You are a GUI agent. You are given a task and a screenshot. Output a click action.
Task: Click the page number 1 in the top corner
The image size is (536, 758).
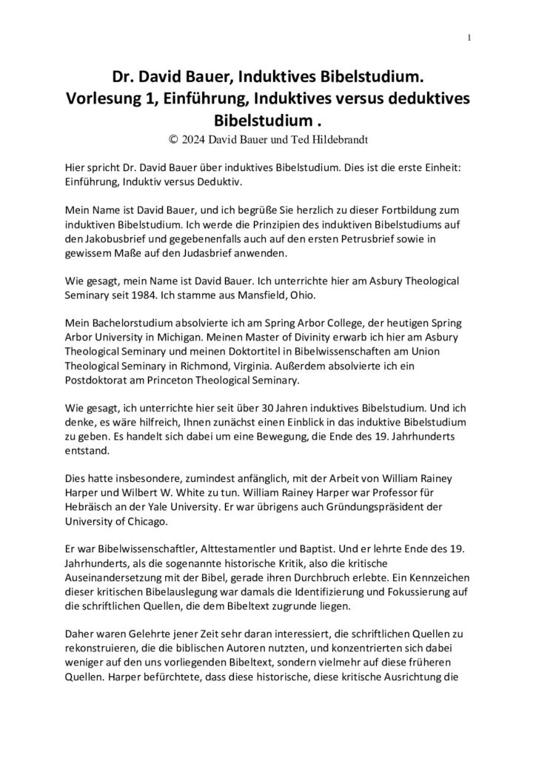(x=469, y=38)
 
